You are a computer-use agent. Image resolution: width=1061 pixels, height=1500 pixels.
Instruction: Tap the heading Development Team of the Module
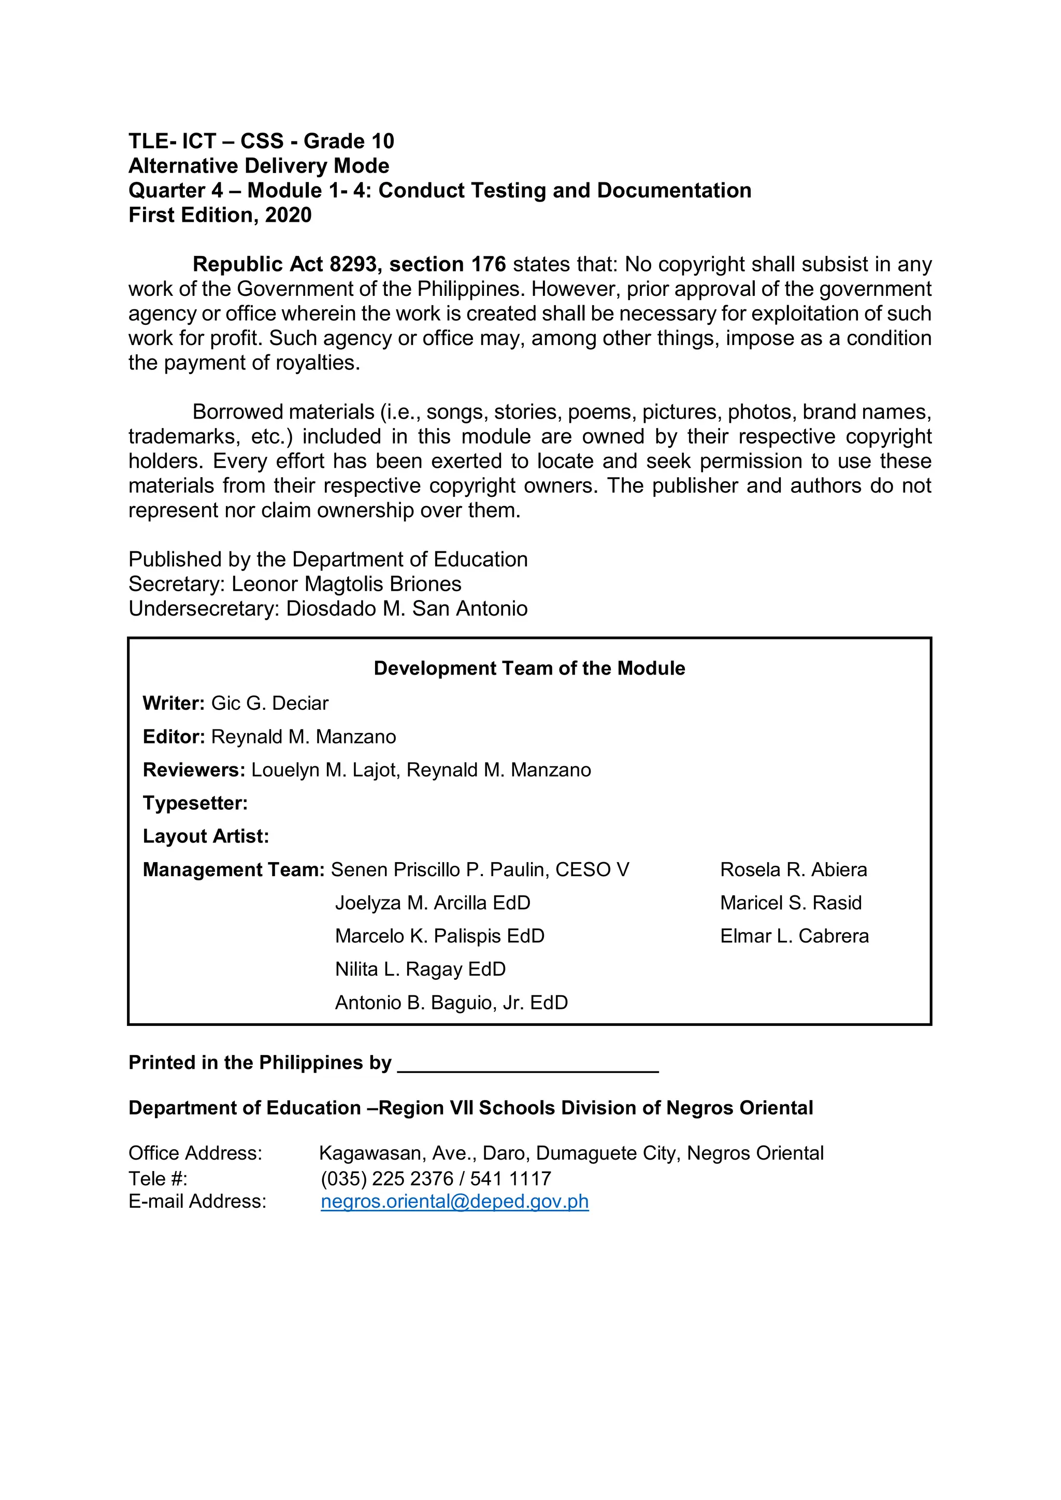[529, 668]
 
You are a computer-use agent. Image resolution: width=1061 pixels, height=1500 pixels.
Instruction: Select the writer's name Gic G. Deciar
[269, 703]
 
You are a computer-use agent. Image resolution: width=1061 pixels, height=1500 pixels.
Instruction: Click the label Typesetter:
[195, 803]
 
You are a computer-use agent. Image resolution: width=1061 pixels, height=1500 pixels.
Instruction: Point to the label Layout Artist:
[206, 836]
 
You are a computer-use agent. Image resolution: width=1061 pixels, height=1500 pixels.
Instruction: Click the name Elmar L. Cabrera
[794, 936]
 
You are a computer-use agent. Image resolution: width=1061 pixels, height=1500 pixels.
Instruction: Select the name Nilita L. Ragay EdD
[420, 969]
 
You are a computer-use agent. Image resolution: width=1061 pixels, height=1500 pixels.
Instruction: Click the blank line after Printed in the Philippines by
[528, 1064]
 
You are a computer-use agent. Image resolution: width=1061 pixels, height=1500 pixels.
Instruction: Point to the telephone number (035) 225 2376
[387, 1179]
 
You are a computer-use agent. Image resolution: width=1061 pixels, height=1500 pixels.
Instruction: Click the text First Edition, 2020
[220, 215]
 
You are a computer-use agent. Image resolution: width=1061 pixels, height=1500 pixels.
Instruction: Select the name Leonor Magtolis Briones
[346, 584]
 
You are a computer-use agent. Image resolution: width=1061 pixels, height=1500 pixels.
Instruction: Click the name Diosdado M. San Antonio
[406, 609]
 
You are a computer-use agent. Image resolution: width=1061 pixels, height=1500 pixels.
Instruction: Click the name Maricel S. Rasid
[791, 903]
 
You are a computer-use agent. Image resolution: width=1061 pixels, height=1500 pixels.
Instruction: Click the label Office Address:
[195, 1154]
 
